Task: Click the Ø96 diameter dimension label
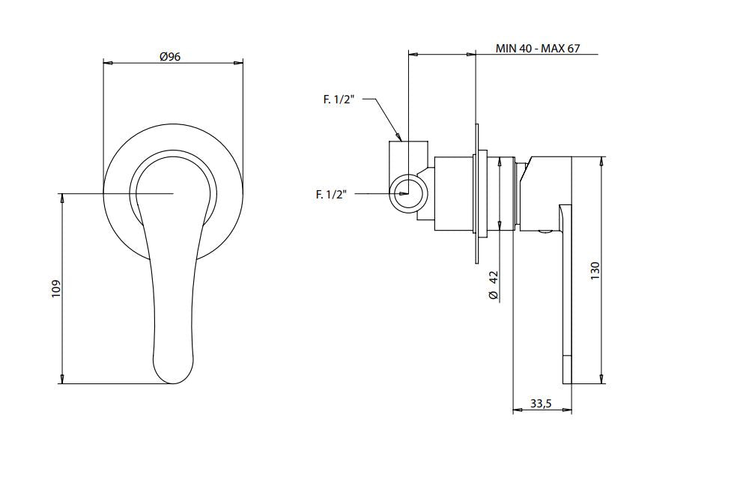171,57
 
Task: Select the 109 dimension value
56,289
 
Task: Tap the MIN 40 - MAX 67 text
537,48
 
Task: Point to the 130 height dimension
595,271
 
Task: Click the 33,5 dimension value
541,404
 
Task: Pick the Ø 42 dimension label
494,285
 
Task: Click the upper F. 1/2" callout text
339,100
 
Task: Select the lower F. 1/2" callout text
331,195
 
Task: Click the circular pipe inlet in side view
406,192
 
